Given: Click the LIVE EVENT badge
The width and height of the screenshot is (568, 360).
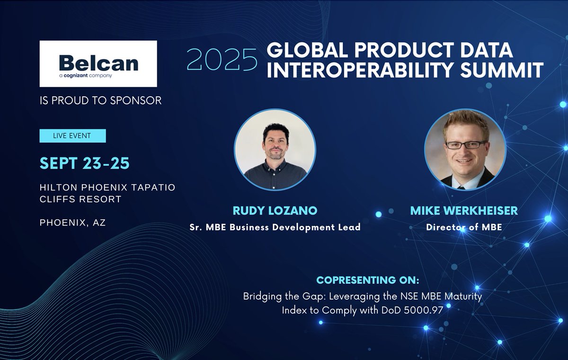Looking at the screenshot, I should (72, 136).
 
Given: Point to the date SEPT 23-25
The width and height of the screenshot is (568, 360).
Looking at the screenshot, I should (85, 163).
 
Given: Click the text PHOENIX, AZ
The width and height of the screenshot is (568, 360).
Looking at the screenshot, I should (72, 222).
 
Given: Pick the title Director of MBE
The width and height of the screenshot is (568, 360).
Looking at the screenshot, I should (464, 227).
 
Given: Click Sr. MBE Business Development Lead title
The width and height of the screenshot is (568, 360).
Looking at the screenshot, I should (275, 227).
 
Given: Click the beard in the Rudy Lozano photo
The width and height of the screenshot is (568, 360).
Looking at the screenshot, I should (275, 153).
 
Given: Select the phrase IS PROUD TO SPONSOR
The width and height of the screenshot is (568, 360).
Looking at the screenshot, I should (100, 100).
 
